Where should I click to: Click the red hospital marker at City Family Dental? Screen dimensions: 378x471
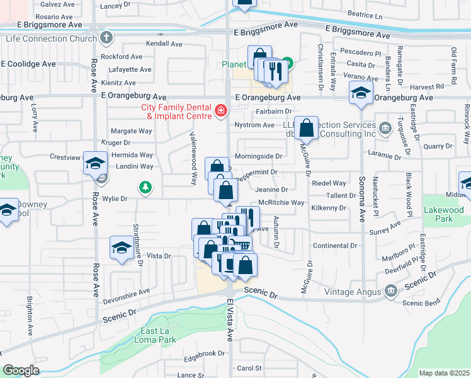tap(221, 112)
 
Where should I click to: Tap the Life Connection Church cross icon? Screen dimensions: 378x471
tap(107, 38)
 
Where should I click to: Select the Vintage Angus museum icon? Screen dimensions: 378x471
tap(390, 291)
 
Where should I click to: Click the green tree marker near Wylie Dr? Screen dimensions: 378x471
tap(145, 187)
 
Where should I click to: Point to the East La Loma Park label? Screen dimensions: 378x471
tap(150, 335)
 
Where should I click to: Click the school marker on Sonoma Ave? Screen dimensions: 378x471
tap(361, 93)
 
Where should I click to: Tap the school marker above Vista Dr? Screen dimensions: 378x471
tap(121, 247)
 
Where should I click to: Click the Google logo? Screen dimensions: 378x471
tap(21, 370)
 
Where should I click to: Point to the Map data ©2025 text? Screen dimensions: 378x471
tap(443, 373)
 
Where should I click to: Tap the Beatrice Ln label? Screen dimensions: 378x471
tap(365, 14)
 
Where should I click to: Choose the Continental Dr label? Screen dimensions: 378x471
tap(335, 245)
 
